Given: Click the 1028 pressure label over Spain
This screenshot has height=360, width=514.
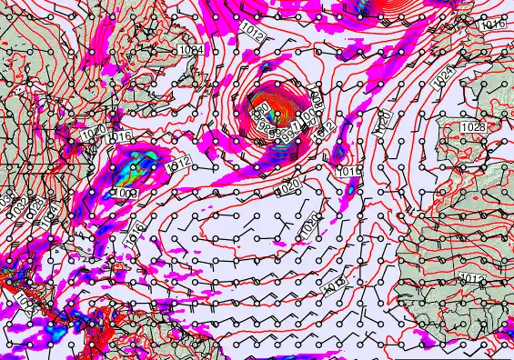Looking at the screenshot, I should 472,125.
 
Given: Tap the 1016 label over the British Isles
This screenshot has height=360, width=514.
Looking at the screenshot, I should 490,25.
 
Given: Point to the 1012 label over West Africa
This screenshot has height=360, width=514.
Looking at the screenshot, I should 472,278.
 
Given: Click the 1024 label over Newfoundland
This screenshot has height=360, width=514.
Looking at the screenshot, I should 191,49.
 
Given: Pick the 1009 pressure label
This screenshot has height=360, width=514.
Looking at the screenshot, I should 126,194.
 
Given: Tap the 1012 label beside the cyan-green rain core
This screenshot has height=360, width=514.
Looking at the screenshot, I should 178,162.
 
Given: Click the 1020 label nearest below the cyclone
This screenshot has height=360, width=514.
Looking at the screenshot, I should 287,187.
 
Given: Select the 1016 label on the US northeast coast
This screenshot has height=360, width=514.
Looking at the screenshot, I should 119,137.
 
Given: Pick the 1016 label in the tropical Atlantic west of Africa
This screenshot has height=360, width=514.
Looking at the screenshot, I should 333,285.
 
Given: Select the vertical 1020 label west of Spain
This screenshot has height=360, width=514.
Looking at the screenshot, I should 383,117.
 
